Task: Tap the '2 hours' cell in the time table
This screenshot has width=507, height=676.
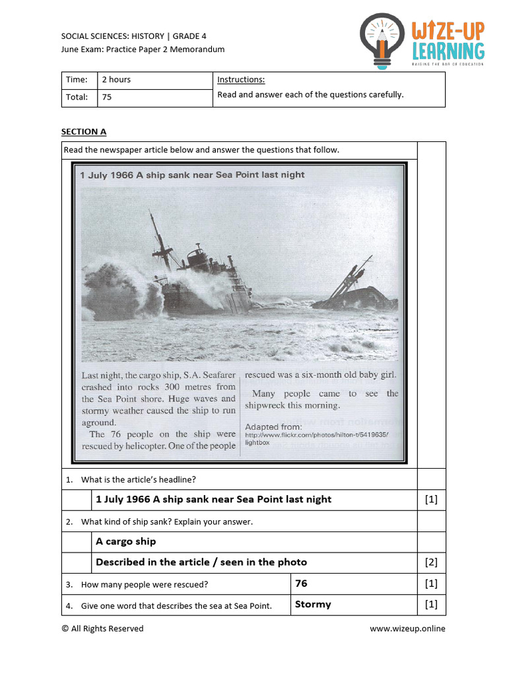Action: [x=116, y=80]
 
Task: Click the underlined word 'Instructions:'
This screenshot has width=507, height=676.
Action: [x=241, y=80]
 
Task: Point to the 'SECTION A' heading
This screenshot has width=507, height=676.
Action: [x=84, y=132]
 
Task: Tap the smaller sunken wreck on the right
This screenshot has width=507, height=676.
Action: [x=356, y=294]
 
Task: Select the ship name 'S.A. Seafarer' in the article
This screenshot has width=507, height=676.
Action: [x=207, y=375]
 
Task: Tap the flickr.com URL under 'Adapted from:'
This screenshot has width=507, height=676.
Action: [x=317, y=435]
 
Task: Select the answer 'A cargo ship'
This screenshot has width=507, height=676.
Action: [x=126, y=541]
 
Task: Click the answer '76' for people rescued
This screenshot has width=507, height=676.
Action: [x=301, y=584]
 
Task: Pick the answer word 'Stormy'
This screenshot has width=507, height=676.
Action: [x=313, y=604]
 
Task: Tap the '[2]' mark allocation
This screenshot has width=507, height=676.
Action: [x=431, y=562]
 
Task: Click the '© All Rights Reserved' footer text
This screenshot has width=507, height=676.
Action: [x=102, y=628]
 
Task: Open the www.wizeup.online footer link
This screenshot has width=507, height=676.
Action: [x=407, y=628]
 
